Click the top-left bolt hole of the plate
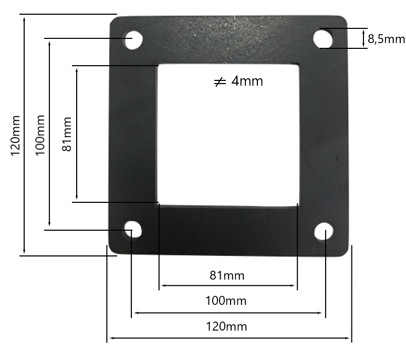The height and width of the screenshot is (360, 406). click(133, 40)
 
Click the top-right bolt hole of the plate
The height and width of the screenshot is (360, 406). click(324, 38)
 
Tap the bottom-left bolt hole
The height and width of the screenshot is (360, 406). click(133, 230)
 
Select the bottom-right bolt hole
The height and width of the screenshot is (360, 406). click(325, 232)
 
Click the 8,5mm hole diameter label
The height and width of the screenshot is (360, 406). click(386, 39)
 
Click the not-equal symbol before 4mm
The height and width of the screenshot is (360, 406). click(220, 82)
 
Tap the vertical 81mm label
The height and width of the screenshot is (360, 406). click(67, 134)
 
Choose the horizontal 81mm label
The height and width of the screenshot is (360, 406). click(227, 275)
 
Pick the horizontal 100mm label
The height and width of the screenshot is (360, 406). click(227, 301)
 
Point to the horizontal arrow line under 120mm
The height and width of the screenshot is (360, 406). click(229, 338)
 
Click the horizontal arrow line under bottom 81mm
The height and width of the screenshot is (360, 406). click(227, 285)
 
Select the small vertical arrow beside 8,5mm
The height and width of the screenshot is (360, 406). click(363, 39)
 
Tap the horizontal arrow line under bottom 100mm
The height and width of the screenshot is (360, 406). click(227, 313)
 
